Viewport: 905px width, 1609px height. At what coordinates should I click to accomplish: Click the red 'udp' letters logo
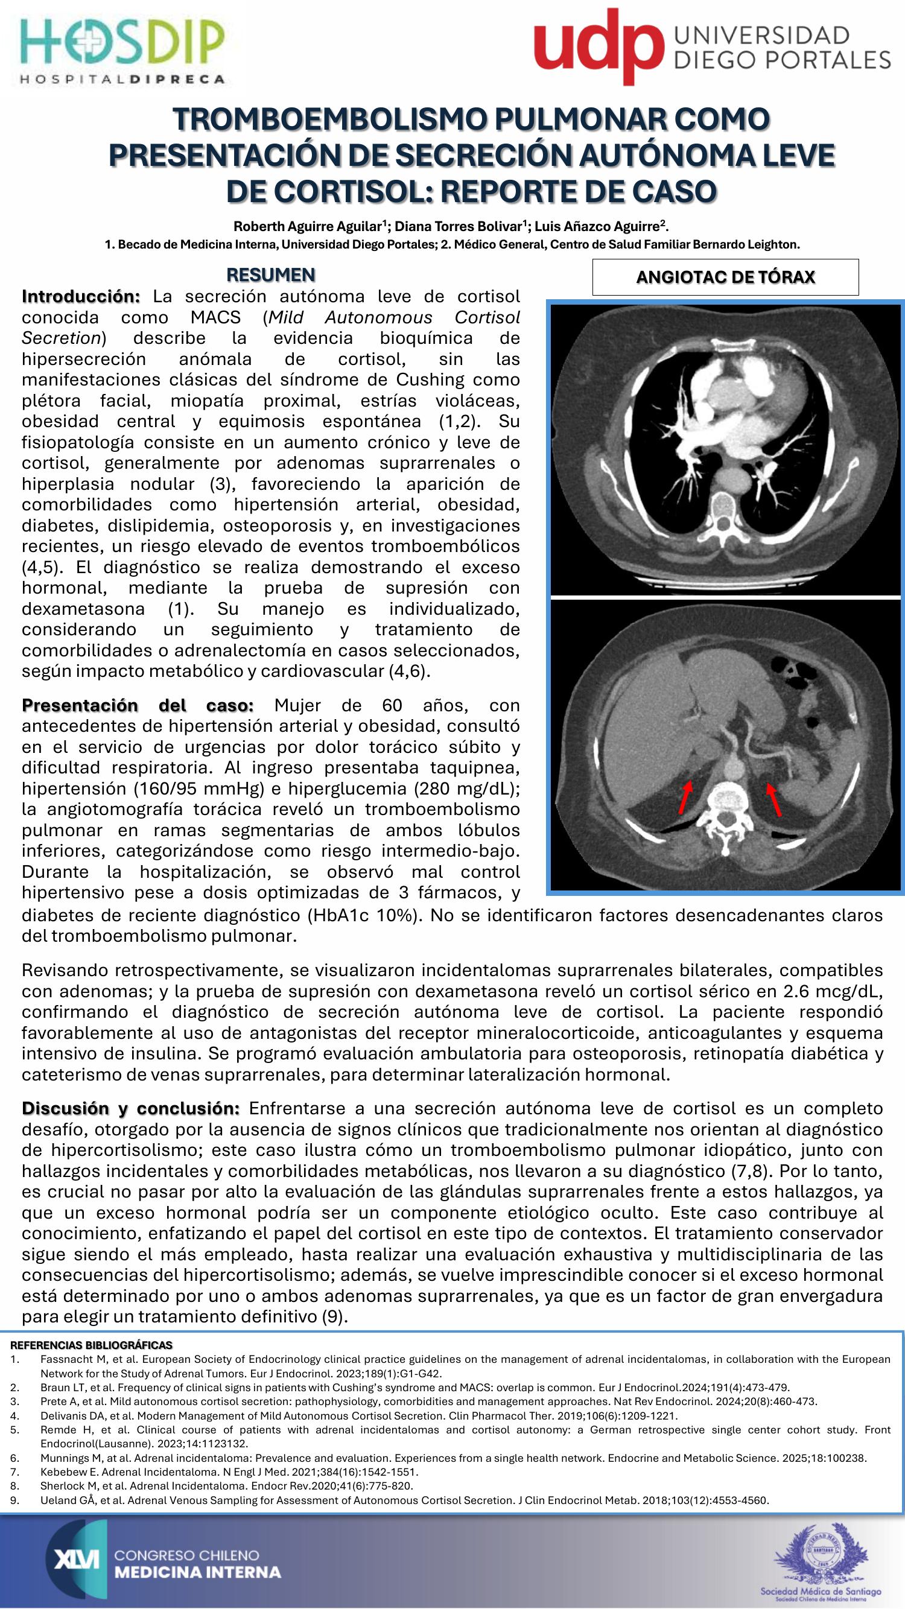(x=598, y=48)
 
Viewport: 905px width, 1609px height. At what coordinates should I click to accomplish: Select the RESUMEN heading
(x=270, y=275)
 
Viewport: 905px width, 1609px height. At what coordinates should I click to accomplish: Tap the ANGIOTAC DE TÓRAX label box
(x=725, y=278)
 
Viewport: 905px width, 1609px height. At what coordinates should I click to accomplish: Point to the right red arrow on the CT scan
(x=774, y=800)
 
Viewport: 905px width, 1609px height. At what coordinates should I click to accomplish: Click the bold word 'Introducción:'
(x=81, y=296)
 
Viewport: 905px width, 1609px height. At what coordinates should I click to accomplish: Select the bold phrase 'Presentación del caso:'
(x=138, y=705)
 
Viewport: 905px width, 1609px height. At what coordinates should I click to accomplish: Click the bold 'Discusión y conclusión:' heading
(x=130, y=1108)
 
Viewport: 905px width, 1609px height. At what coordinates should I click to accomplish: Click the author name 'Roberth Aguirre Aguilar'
(x=307, y=226)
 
